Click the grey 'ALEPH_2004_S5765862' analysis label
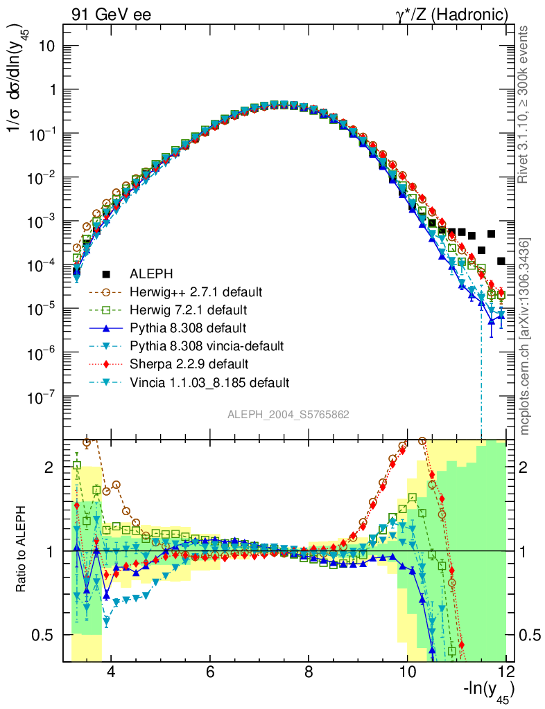pyautogui.click(x=288, y=415)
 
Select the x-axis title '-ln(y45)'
pyautogui.click(x=488, y=691)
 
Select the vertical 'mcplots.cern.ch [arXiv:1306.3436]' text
pyautogui.click(x=525, y=336)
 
